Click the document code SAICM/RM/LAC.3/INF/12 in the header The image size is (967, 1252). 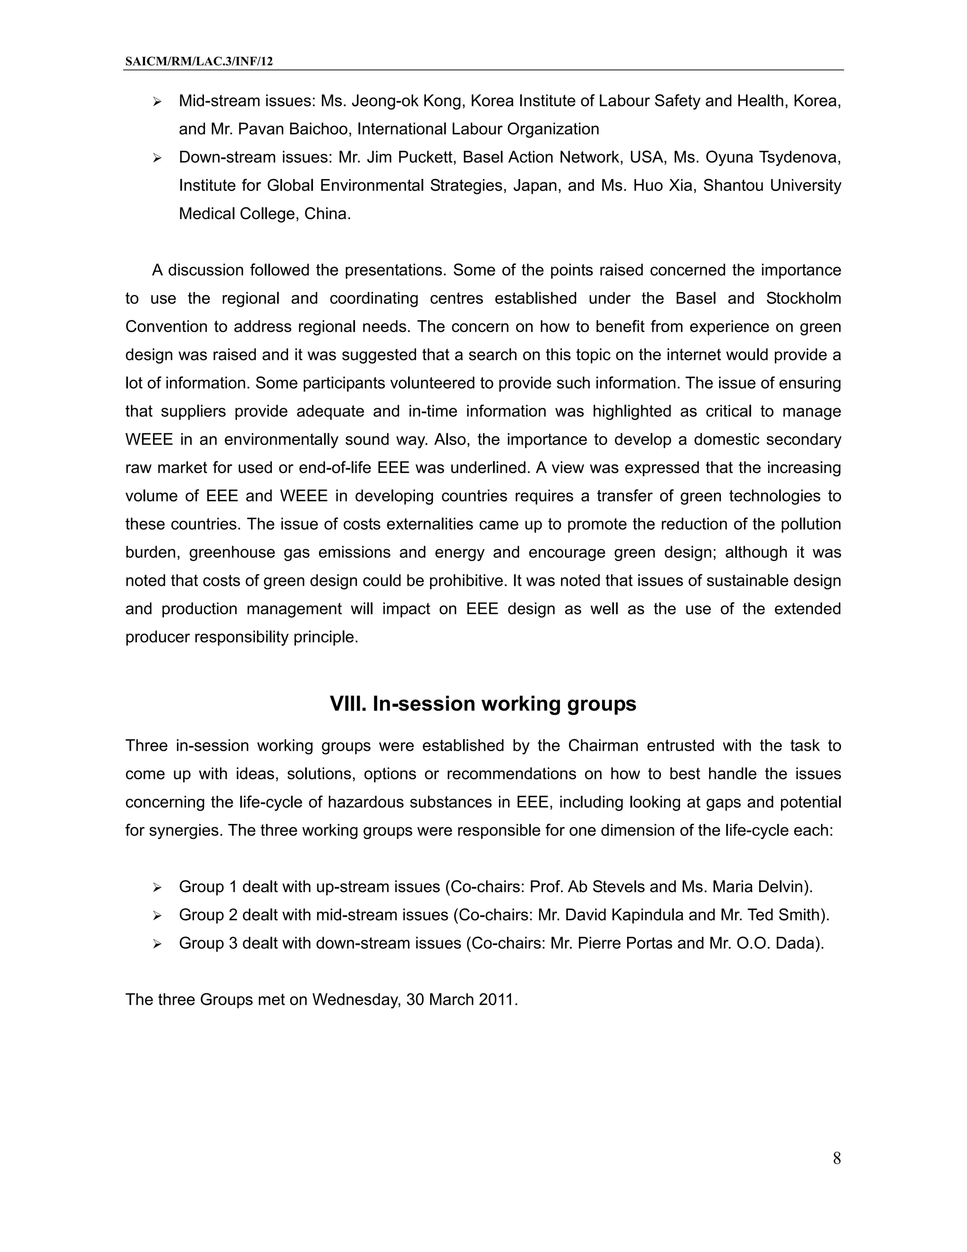point(199,61)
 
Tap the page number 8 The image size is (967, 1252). point(836,1158)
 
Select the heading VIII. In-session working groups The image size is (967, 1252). point(483,703)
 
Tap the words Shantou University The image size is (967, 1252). point(772,185)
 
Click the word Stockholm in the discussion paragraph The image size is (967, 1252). point(803,298)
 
